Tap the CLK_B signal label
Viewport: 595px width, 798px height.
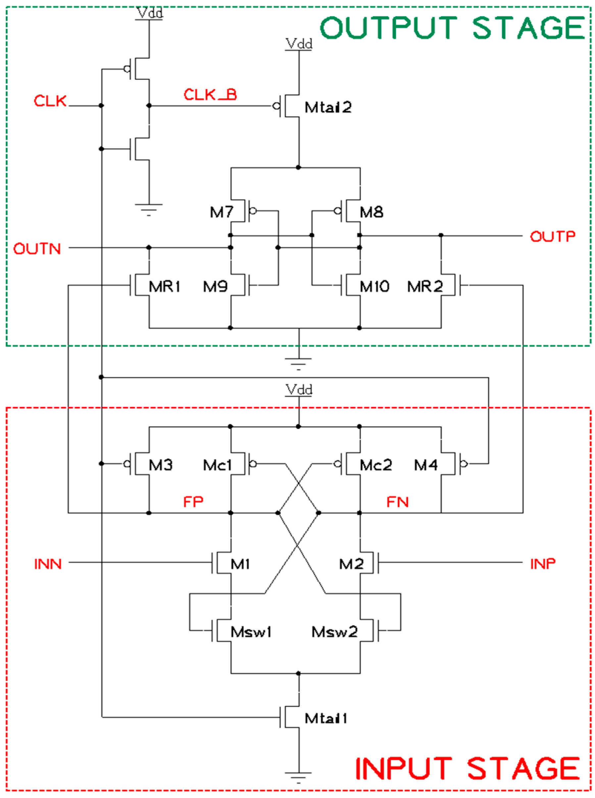coord(210,95)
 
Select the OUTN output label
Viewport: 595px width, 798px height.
coord(37,249)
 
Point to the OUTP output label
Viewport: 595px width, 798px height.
coord(552,236)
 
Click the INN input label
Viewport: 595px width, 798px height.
coord(48,564)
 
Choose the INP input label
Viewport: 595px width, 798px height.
coord(543,564)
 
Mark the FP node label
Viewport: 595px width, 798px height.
coord(193,502)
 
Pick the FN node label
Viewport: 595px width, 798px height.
coord(397,502)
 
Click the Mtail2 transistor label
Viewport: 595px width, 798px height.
coord(328,107)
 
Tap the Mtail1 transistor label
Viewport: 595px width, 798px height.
coord(326,718)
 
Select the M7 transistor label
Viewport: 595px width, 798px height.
coord(222,212)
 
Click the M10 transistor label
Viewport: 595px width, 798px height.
coord(374,287)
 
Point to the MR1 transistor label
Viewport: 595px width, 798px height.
coord(164,287)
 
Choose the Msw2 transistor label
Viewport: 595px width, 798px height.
coord(334,632)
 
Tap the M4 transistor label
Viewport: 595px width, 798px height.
coord(426,465)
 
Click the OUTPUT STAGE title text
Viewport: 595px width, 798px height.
coord(452,28)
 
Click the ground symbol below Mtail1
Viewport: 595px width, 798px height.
coord(298,774)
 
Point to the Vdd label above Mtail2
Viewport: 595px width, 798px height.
coord(299,44)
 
